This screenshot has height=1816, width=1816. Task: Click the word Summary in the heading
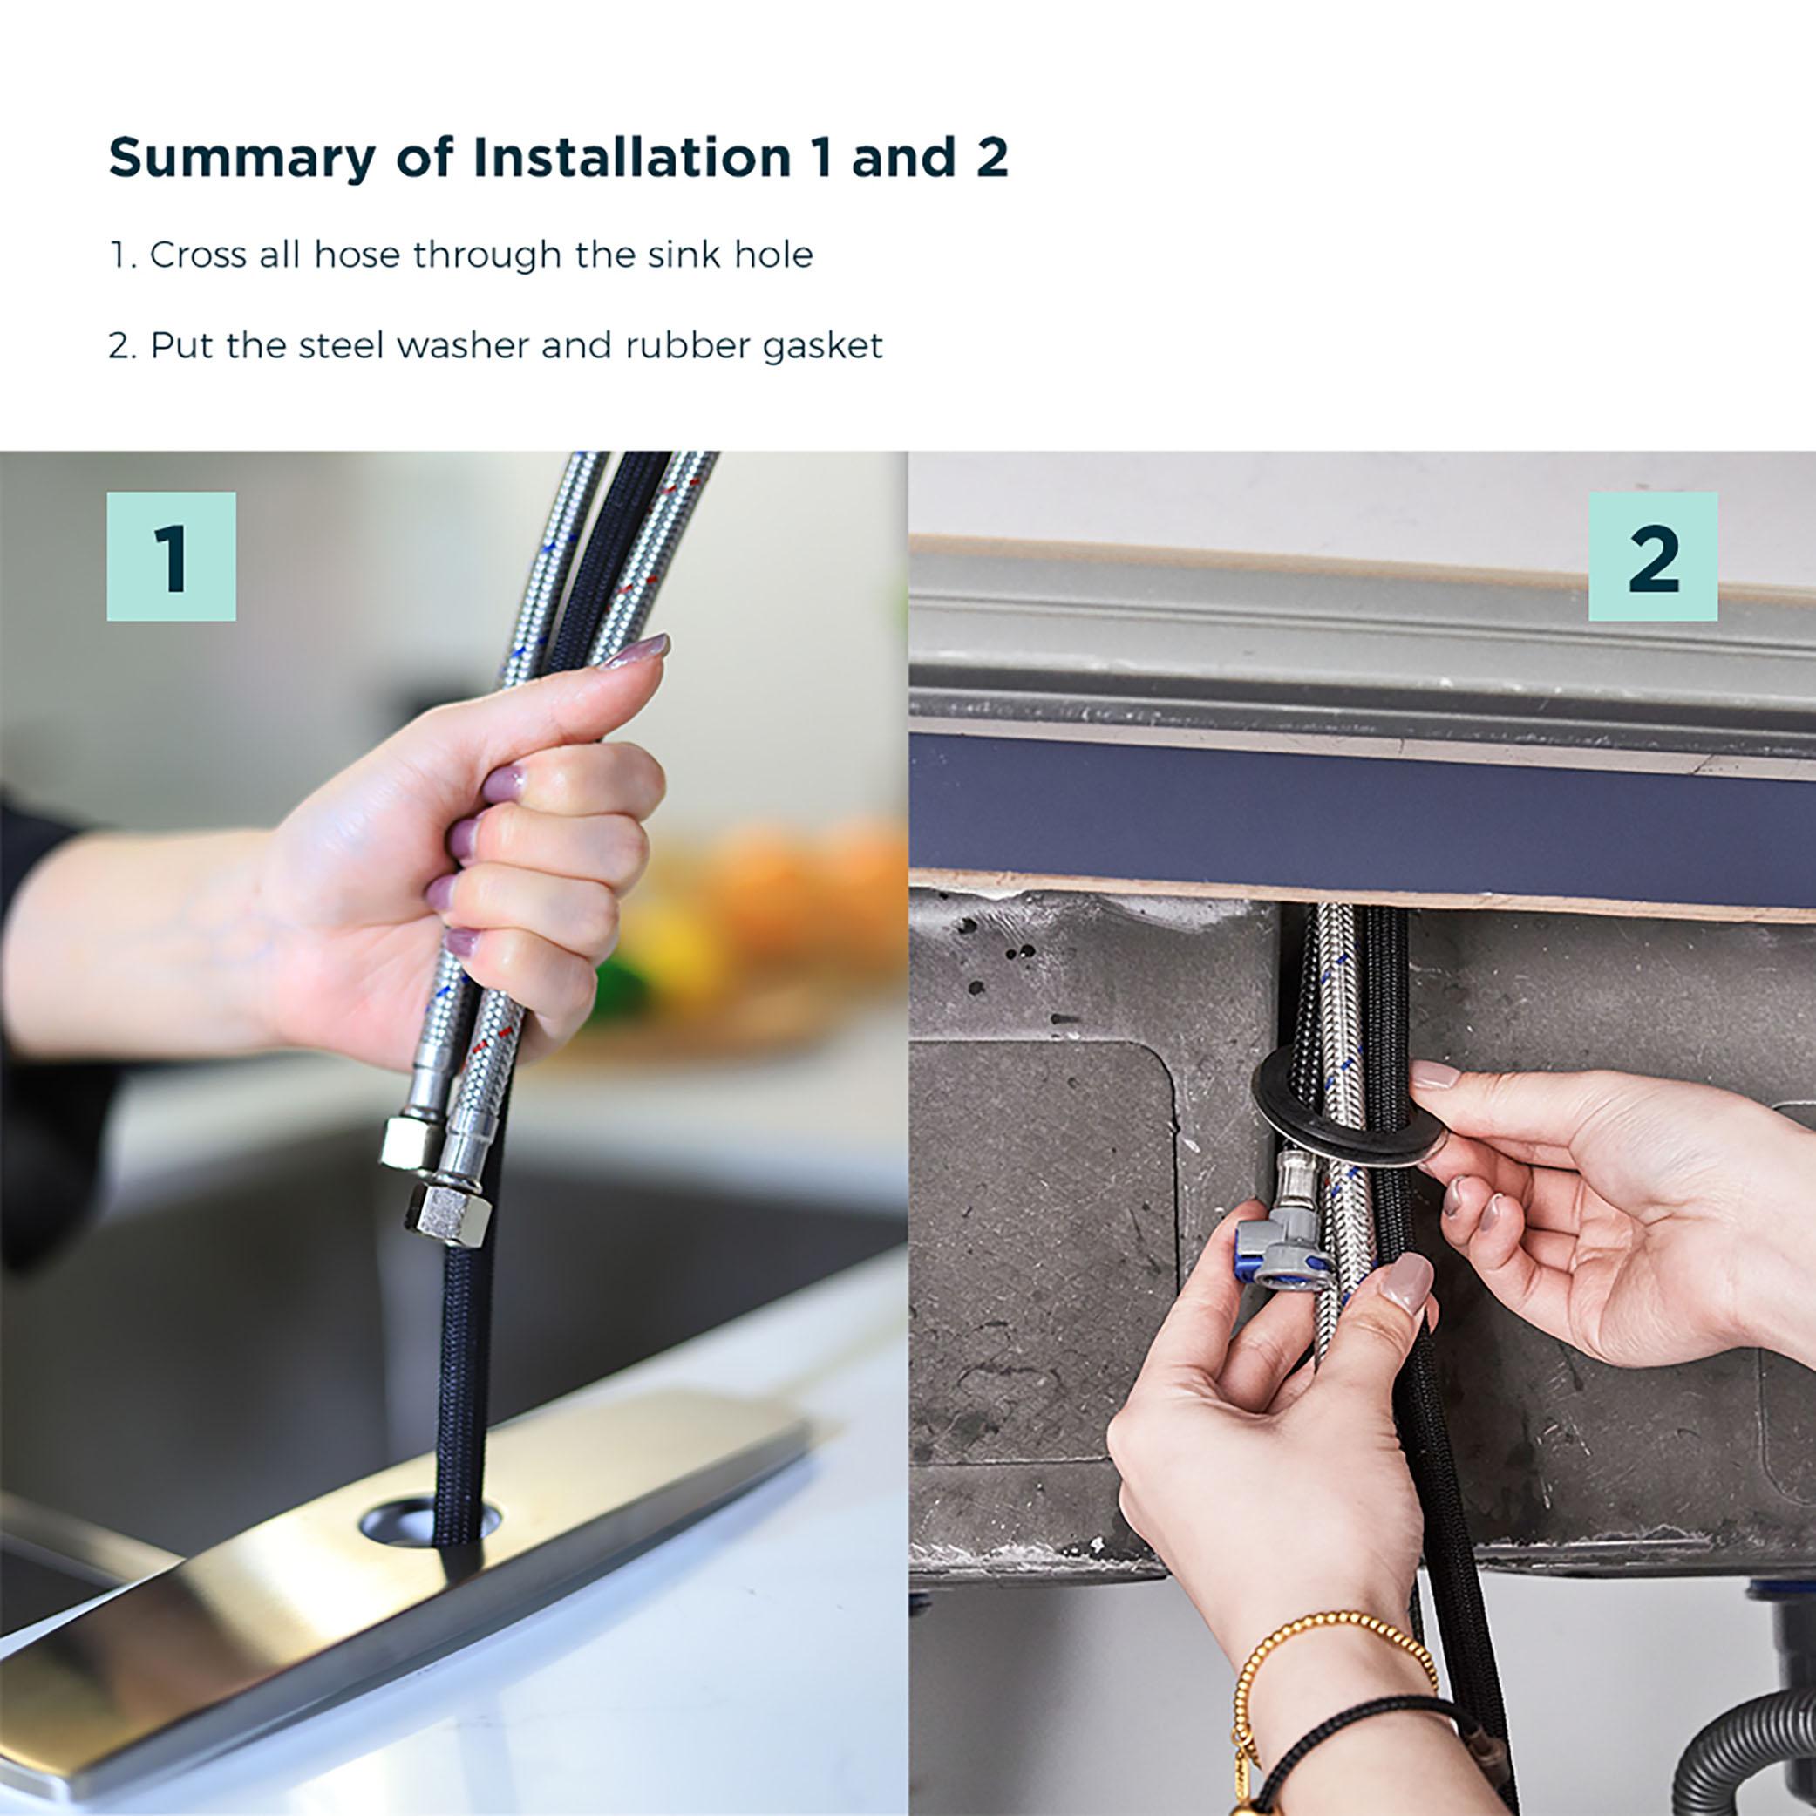tap(241, 158)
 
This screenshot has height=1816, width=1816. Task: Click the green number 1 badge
tap(171, 555)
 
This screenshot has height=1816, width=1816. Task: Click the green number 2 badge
tap(1652, 555)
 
